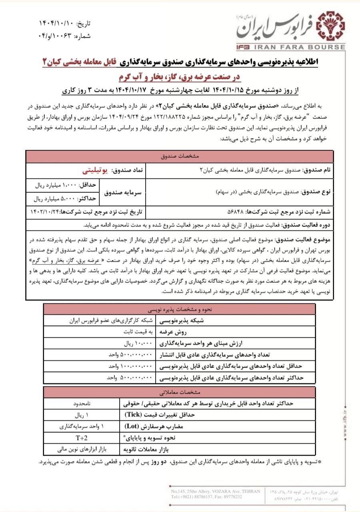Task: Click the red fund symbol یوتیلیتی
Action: tap(98, 170)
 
